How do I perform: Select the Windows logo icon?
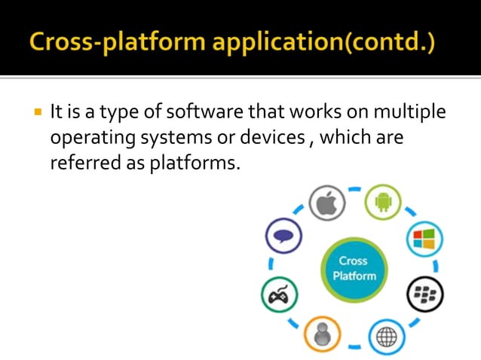(424, 241)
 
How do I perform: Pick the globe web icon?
(386, 336)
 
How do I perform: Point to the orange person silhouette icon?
(323, 334)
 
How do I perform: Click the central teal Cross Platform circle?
(353, 268)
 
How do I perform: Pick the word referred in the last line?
(81, 163)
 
